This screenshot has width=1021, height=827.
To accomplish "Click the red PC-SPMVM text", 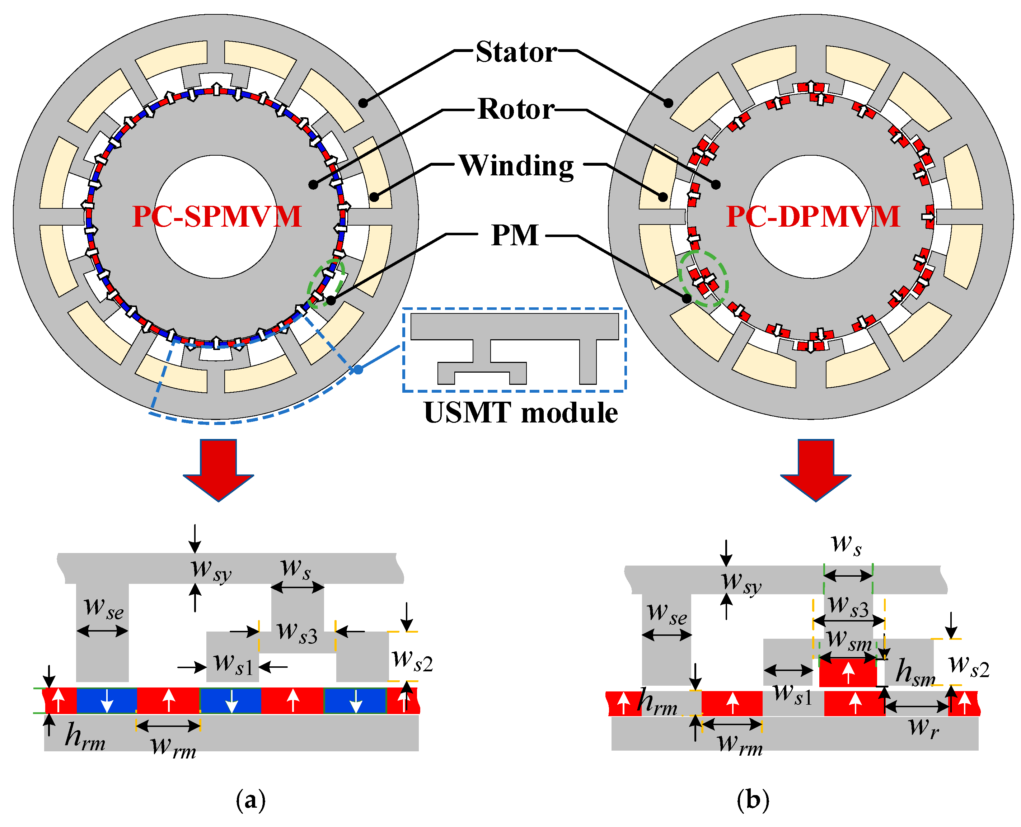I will click(x=217, y=217).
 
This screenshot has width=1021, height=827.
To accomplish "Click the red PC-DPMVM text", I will click(x=813, y=217).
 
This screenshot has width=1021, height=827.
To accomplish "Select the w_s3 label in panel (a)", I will click(x=298, y=633).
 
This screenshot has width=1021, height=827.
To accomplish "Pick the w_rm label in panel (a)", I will click(x=173, y=747).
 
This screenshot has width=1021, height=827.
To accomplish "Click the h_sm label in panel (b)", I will click(x=915, y=673).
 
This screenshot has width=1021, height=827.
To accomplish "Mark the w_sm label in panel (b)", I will click(x=848, y=641).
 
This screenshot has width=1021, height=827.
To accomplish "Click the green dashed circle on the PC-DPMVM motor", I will click(x=703, y=278).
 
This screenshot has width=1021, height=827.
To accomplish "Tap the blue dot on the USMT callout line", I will click(x=357, y=369).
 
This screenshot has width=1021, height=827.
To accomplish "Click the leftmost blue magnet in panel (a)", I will click(x=107, y=700).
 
